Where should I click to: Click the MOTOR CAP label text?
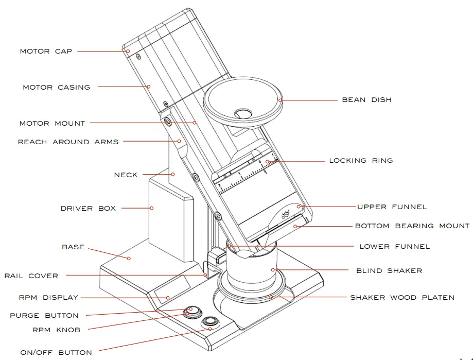coord(46,51)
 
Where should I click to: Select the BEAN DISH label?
coord(366,99)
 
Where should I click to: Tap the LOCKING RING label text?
coord(361,160)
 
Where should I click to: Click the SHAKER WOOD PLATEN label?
coord(402,297)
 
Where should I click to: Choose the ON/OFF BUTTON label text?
coord(56,353)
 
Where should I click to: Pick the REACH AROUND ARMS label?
coord(68,142)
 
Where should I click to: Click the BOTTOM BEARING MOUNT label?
coord(412,226)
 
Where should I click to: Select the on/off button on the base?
coord(209,323)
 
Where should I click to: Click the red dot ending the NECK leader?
coord(173,174)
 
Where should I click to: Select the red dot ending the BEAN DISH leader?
coord(280,99)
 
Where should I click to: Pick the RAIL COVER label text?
coord(31,276)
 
